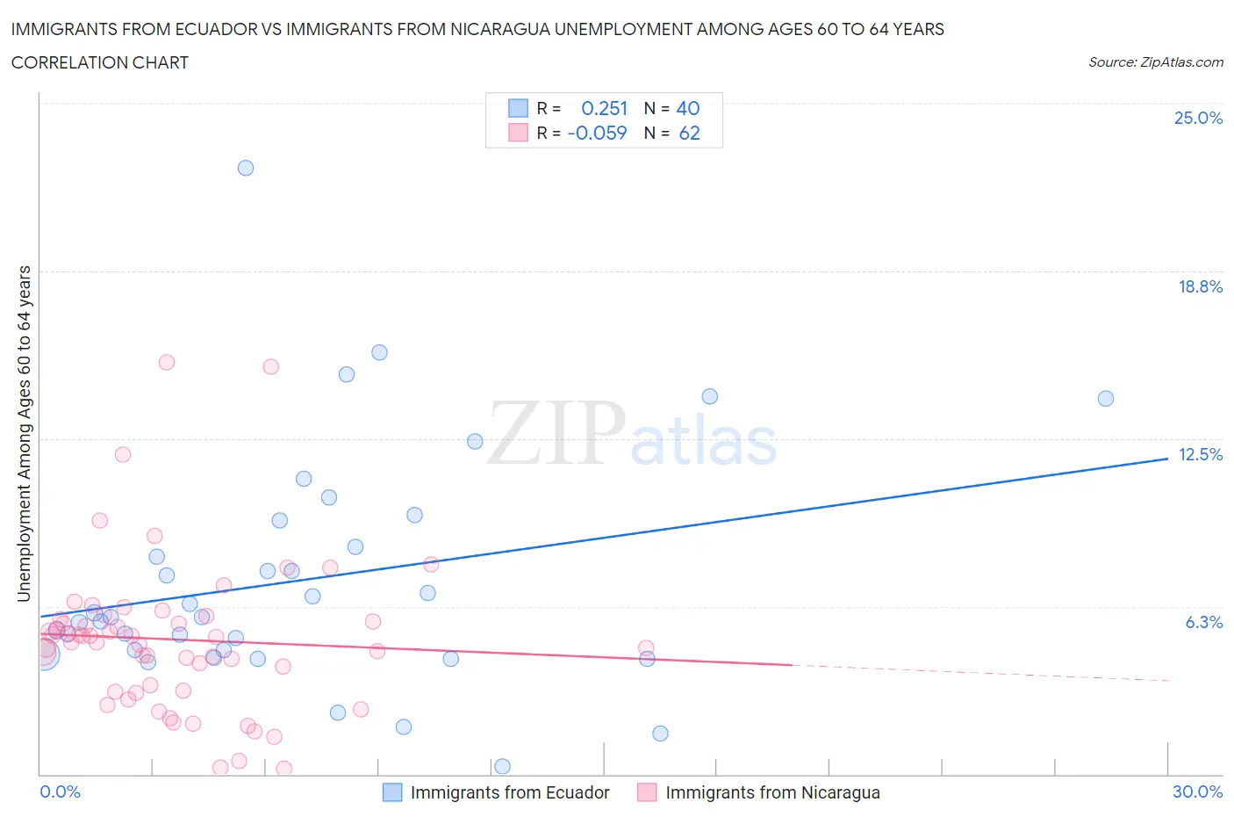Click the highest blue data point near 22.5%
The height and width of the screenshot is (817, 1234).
246,168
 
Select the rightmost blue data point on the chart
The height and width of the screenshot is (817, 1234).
1106,399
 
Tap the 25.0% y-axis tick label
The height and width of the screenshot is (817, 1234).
1198,119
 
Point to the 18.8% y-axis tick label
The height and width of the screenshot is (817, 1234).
1200,286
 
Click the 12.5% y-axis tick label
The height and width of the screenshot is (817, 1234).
1200,454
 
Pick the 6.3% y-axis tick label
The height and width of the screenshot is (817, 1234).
1203,622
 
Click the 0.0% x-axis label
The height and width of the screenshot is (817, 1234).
60,792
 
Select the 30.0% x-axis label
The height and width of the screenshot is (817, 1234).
1197,792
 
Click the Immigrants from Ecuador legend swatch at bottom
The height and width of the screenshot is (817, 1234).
392,792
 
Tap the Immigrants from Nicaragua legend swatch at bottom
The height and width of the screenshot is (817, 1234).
647,792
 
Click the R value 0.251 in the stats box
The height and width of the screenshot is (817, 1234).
605,108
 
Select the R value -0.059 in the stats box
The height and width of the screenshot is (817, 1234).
597,133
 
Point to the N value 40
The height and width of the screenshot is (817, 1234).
688,108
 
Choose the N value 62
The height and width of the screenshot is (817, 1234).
689,133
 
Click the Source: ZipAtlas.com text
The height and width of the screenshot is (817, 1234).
1155,62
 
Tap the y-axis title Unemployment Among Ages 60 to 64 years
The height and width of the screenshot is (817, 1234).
25,433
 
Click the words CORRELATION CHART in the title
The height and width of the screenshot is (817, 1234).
100,62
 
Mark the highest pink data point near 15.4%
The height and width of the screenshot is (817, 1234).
167,362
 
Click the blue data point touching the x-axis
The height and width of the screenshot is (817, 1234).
502,767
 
